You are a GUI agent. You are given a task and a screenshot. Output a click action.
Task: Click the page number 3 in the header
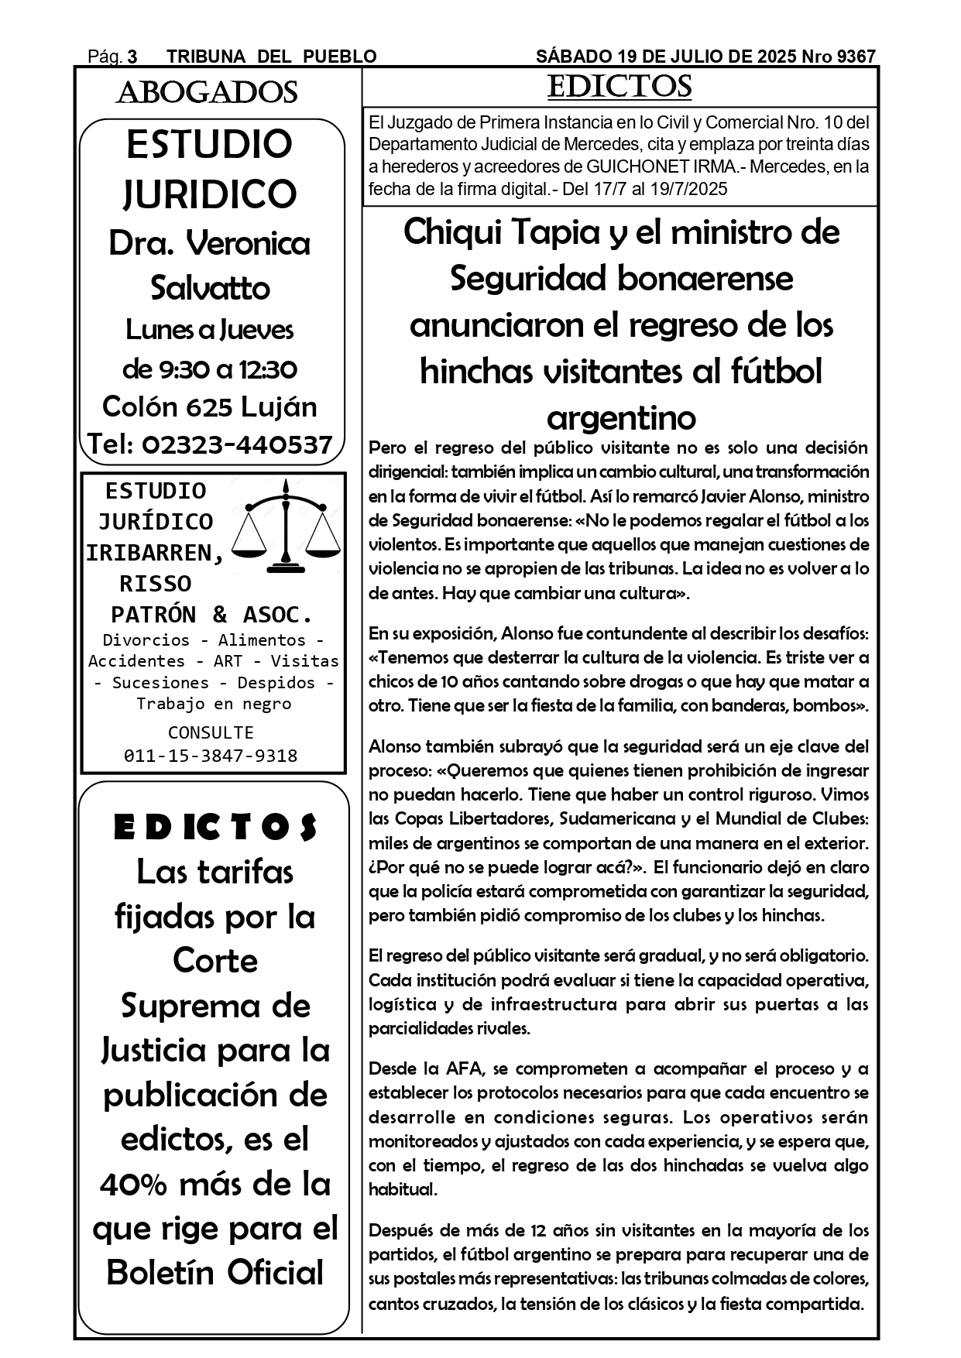point(132,57)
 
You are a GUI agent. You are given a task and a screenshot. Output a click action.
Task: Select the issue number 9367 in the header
point(856,57)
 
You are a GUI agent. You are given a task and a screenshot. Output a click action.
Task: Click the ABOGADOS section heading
point(207,93)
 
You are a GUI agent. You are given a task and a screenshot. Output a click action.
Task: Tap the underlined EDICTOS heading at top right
point(620,87)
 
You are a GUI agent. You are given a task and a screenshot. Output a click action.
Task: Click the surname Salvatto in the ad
point(210,288)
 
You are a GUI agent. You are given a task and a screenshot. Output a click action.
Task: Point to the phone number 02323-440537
point(237,444)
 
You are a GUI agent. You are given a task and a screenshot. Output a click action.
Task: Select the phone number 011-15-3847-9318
point(211,756)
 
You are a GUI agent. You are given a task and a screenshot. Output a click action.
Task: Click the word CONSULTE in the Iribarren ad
point(211,732)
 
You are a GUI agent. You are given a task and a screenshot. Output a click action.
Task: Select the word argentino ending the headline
point(621,418)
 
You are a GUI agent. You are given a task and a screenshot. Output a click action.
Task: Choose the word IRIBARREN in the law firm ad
point(155,553)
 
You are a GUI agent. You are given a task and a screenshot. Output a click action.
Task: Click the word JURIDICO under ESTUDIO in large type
point(210,194)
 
